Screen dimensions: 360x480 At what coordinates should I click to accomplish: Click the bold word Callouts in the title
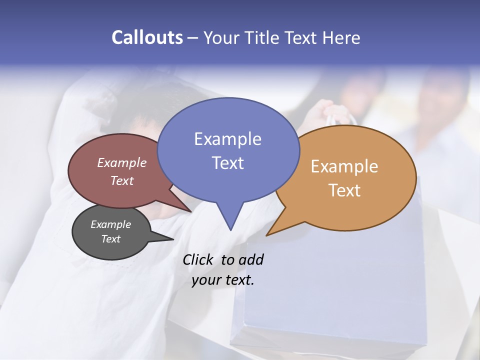coord(147,37)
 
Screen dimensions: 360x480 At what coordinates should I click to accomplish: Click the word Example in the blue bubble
coord(227,139)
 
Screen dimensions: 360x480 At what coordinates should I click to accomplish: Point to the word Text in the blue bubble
coord(227,163)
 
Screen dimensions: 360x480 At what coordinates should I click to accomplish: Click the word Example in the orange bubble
coord(344,166)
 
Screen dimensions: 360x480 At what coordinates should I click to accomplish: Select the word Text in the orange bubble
coord(344,190)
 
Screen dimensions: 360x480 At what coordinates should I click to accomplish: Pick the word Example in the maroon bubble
coord(122,162)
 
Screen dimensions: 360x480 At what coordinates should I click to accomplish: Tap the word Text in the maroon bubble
coord(122,180)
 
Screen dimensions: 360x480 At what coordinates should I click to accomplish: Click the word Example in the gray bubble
coord(111,224)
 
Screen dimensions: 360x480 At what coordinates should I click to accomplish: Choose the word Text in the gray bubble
coord(111,239)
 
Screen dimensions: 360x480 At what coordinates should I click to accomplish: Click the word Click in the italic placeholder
coord(197,259)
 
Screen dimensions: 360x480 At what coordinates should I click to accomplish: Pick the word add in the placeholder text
coord(250,259)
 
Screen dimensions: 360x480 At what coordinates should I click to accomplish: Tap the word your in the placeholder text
coord(206,279)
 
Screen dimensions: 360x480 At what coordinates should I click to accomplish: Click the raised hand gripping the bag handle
coord(325,112)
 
